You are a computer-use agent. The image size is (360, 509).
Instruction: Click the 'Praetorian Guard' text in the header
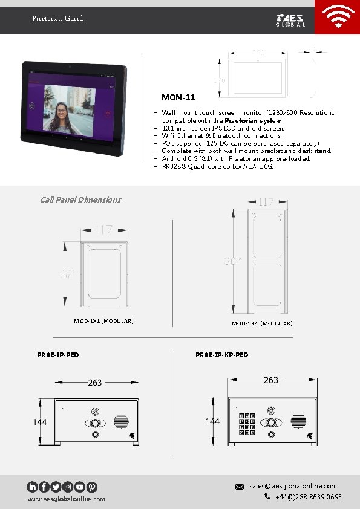(57, 19)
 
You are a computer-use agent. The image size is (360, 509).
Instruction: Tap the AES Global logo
(290, 19)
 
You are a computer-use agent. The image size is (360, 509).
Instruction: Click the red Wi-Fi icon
(338, 18)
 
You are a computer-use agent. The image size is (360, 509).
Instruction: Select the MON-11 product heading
(178, 97)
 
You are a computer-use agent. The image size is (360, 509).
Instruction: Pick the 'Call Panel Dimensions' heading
(80, 199)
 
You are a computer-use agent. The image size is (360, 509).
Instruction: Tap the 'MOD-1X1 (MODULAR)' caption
(103, 321)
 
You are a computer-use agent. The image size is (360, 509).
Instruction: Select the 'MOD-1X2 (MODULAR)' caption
(262, 324)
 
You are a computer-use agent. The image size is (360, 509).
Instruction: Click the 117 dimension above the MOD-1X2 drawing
(266, 203)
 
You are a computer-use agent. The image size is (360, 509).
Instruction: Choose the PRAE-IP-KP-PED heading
(221, 355)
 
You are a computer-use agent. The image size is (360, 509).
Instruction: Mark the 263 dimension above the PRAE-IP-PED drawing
(95, 383)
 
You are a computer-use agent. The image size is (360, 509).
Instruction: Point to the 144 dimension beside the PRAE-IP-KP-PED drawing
(212, 421)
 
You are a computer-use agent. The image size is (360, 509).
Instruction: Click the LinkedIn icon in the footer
(32, 487)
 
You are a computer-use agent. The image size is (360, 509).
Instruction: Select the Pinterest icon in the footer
(91, 487)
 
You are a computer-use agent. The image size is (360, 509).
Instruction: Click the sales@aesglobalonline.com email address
(293, 486)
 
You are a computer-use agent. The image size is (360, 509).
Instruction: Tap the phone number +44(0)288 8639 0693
(308, 497)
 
